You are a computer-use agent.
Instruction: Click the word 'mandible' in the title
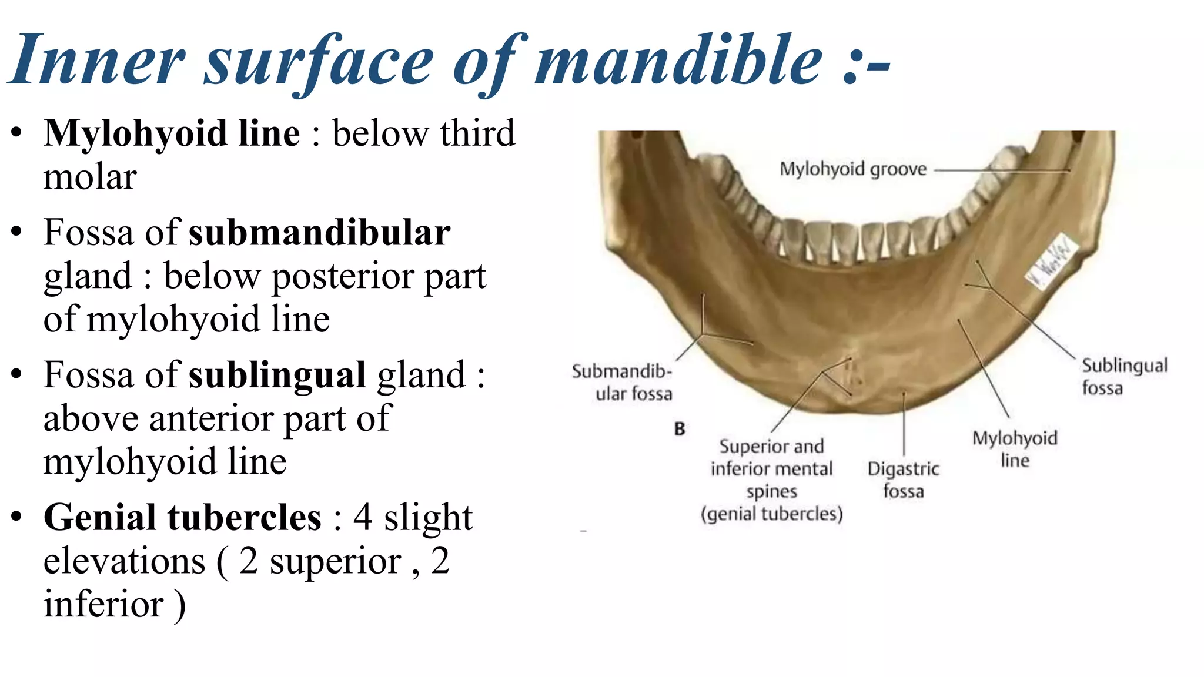pos(679,60)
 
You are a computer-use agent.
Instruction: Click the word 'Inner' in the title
pos(98,60)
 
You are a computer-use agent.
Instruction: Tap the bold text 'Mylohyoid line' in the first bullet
pos(172,133)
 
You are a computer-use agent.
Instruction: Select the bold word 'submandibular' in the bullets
pos(319,233)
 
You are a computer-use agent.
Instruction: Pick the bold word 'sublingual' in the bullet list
pos(277,375)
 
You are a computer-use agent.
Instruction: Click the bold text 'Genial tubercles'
pos(182,518)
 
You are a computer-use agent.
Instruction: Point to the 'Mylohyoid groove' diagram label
pos(852,169)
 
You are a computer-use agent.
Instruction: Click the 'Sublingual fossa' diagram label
pos(1123,376)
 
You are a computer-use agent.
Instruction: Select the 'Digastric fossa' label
pos(903,480)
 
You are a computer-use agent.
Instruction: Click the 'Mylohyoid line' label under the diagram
pos(1015,449)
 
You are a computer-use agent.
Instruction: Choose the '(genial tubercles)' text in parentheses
pos(771,514)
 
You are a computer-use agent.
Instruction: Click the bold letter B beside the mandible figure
pos(680,429)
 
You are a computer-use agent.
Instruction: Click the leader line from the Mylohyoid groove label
pos(999,170)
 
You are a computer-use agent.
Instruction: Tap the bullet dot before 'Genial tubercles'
pos(16,518)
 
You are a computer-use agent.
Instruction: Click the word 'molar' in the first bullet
pos(90,177)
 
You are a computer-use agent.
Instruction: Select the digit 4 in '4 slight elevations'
pos(363,518)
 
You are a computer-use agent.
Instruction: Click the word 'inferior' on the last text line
pos(103,605)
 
